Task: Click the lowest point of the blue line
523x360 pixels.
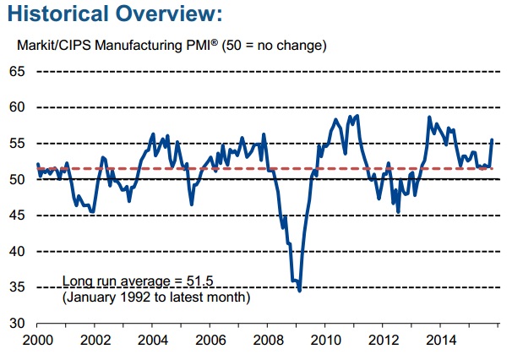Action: (x=300, y=291)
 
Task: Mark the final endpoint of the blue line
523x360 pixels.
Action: (x=493, y=140)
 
